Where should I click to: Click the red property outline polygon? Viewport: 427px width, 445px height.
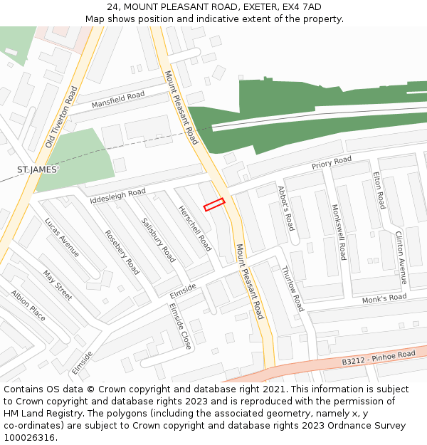[214, 204]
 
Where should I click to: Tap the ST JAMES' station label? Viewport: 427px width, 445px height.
[38, 169]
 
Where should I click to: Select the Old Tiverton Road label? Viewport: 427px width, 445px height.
[60, 117]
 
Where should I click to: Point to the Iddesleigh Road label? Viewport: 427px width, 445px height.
[117, 196]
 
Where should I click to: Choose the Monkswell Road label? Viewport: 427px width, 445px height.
[338, 232]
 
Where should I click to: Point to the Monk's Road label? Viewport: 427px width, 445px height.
[384, 298]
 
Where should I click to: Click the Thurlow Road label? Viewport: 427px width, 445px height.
[292, 288]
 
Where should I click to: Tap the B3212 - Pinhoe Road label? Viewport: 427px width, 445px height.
[378, 357]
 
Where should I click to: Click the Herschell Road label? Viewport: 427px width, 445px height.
[195, 229]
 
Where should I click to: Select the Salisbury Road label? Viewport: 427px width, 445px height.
[158, 240]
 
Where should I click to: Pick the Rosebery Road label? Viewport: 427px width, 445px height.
[122, 252]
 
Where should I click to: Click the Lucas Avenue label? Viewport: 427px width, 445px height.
[62, 237]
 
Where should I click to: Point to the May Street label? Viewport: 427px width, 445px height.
[57, 285]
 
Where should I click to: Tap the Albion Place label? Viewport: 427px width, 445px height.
[28, 305]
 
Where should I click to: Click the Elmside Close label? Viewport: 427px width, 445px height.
[180, 325]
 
